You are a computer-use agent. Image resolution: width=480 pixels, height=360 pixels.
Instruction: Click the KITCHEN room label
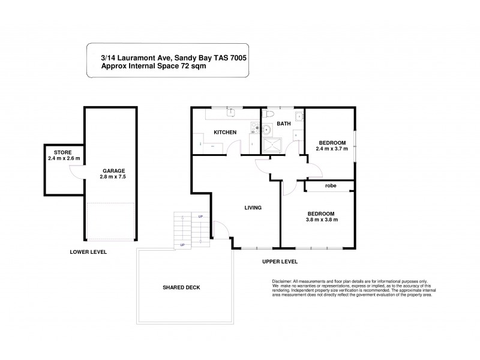(225, 132)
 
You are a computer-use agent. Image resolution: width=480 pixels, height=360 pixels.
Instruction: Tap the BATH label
(283, 124)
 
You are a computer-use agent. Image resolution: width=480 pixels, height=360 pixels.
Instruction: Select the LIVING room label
(253, 208)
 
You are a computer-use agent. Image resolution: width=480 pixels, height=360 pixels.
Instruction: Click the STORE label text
(62, 153)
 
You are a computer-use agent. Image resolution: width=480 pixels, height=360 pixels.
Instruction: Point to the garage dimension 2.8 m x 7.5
(113, 177)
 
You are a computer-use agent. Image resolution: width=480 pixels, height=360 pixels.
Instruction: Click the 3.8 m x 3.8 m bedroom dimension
(321, 220)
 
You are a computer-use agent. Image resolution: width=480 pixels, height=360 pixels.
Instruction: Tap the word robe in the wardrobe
(331, 186)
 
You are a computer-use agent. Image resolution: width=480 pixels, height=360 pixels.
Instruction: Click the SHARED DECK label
(181, 287)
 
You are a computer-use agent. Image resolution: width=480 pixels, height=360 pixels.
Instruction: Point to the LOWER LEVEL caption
(88, 252)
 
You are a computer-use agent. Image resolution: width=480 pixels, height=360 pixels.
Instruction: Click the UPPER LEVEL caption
(280, 262)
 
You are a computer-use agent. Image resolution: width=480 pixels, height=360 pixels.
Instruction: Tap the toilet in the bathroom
(269, 113)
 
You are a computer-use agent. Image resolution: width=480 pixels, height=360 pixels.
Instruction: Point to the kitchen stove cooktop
(254, 127)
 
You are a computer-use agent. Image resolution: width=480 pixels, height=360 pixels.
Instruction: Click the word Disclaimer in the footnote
(281, 281)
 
